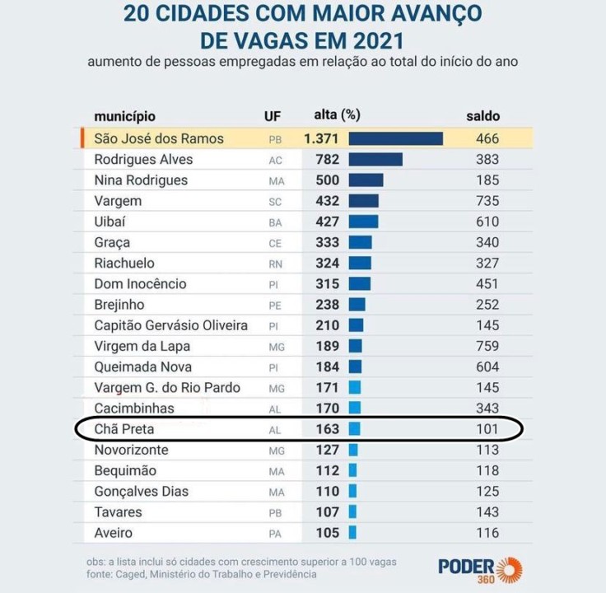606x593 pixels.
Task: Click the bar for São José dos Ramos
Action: point(396,138)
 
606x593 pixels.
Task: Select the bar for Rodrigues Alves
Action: point(375,160)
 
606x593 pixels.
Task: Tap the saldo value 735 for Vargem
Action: point(487,201)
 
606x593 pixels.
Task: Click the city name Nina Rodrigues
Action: point(141,180)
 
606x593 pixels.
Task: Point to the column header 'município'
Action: point(124,116)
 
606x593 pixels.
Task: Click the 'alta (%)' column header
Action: point(338,115)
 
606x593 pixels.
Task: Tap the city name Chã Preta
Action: point(124,429)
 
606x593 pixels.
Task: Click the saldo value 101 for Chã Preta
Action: point(487,429)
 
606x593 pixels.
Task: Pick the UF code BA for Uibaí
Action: point(275,222)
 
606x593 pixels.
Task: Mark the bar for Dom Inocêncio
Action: point(359,284)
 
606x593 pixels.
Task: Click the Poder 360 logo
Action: point(479,567)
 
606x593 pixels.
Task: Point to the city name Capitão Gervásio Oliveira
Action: point(170,325)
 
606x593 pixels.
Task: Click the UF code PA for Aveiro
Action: point(275,534)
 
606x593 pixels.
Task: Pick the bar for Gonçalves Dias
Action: point(353,492)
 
